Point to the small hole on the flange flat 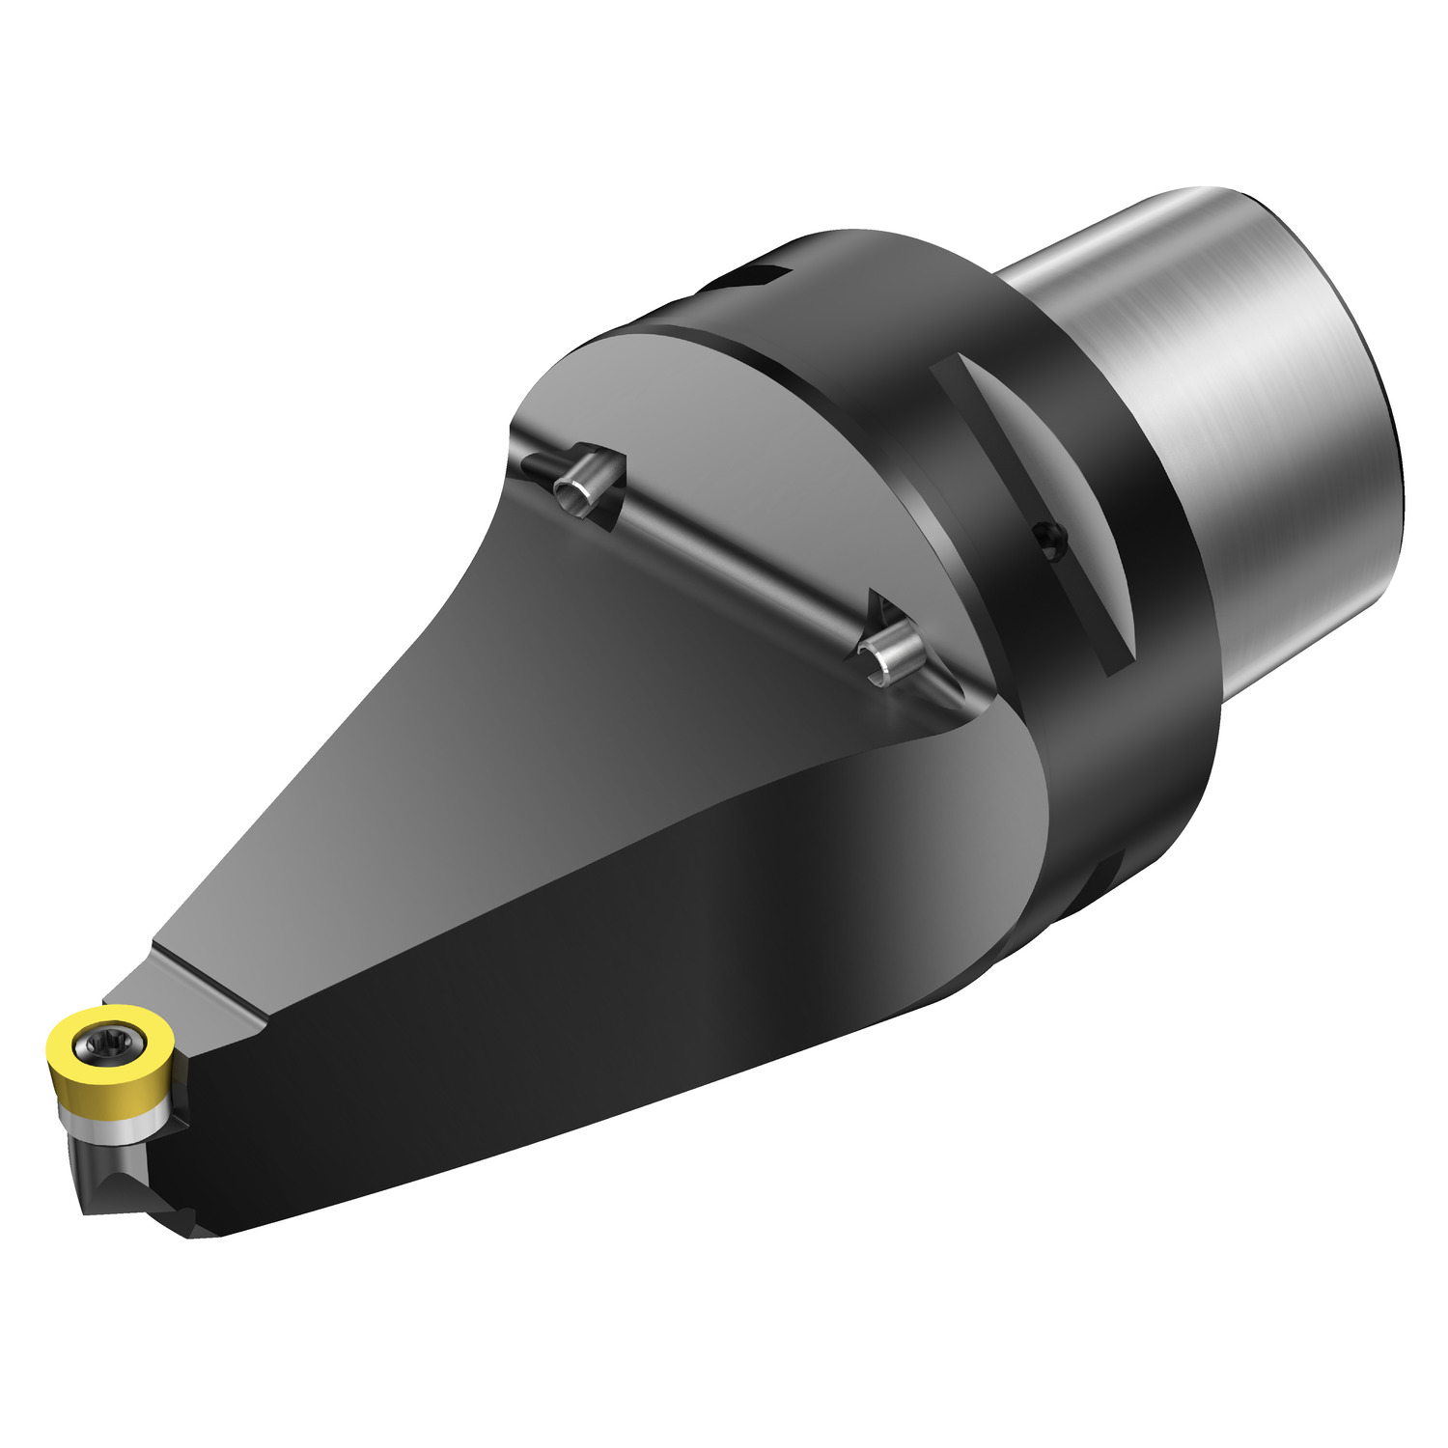(x=1052, y=541)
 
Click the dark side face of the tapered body (x=579, y=1014)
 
